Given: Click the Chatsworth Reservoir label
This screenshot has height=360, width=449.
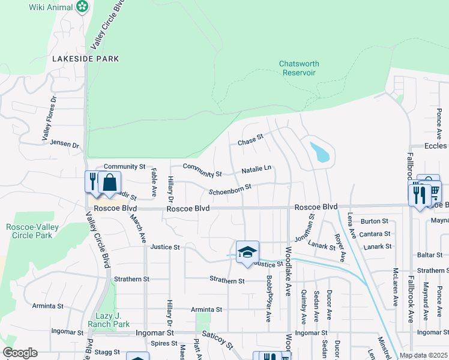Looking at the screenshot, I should click(299, 68).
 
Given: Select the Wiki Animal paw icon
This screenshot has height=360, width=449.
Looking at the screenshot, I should click(82, 7).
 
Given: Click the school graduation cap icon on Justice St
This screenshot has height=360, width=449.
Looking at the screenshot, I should click(247, 251).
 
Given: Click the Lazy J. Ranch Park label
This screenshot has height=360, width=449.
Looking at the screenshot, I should click(113, 320).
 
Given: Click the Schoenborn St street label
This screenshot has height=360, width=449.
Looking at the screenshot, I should click(229, 190).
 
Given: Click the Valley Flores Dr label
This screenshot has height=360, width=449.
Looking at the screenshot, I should click(49, 119).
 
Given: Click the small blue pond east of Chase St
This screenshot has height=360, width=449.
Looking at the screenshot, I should click(321, 152).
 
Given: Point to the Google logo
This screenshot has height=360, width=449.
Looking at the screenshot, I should click(20, 353).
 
